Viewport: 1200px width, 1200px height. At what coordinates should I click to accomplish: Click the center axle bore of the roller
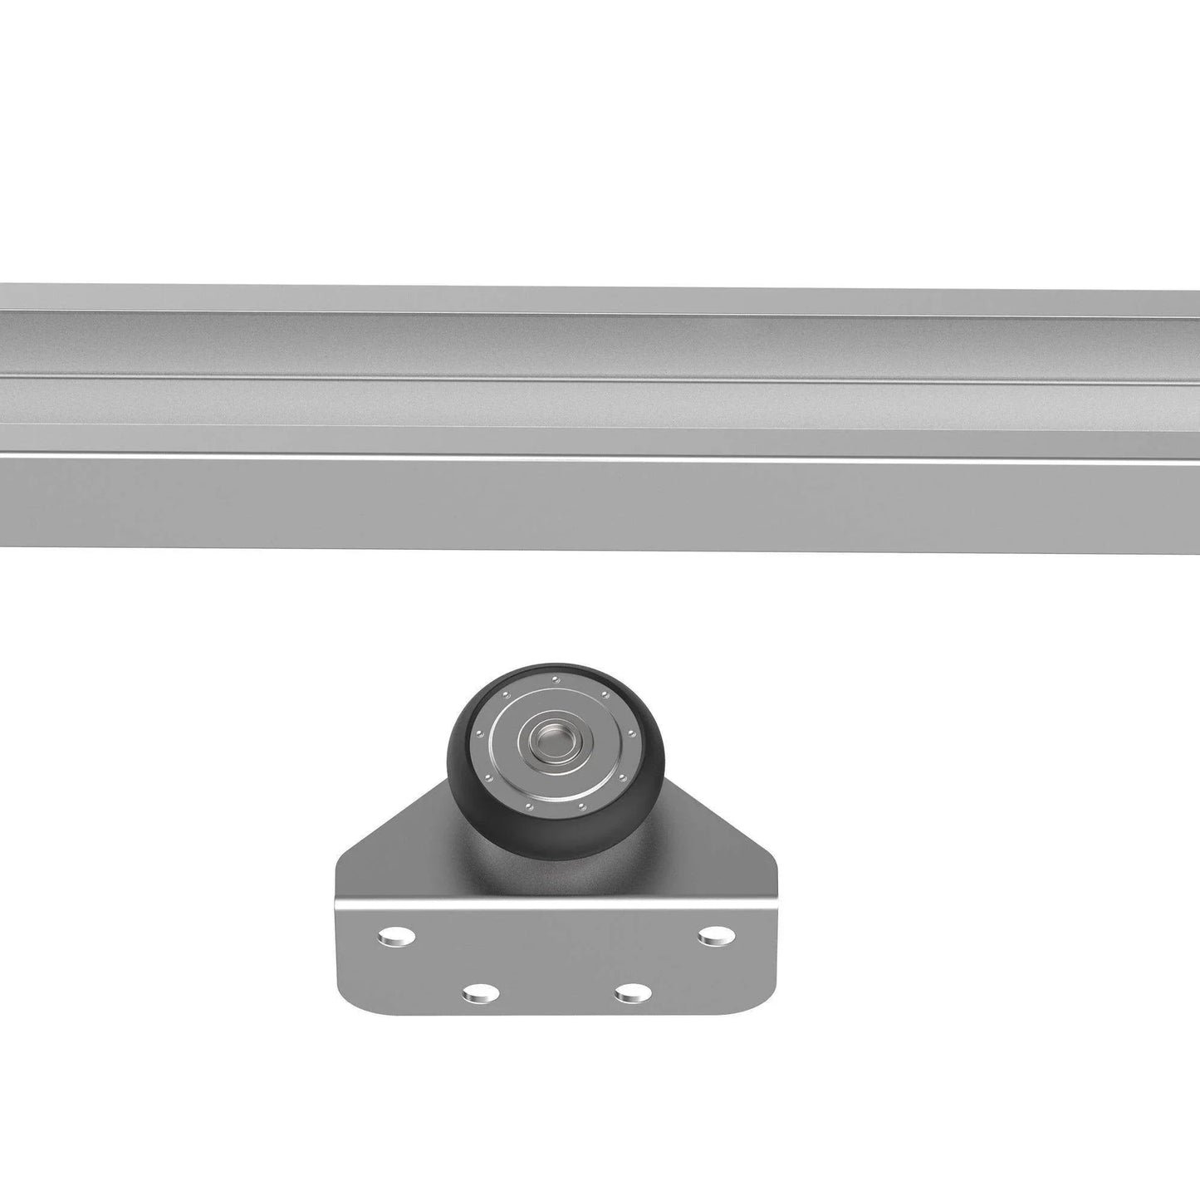pyautogui.click(x=548, y=736)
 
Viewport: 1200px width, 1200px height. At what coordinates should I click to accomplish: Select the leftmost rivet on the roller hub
pyautogui.click(x=479, y=733)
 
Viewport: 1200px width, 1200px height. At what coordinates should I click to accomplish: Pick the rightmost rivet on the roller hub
pyautogui.click(x=633, y=734)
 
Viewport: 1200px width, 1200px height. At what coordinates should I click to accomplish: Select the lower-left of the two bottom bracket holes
pyautogui.click(x=479, y=992)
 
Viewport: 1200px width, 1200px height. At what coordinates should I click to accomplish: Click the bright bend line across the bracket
pyautogui.click(x=556, y=899)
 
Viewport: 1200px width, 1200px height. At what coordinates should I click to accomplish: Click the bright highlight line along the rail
pyautogui.click(x=598, y=456)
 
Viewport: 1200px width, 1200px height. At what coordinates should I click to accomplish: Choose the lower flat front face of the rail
pyautogui.click(x=598, y=502)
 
